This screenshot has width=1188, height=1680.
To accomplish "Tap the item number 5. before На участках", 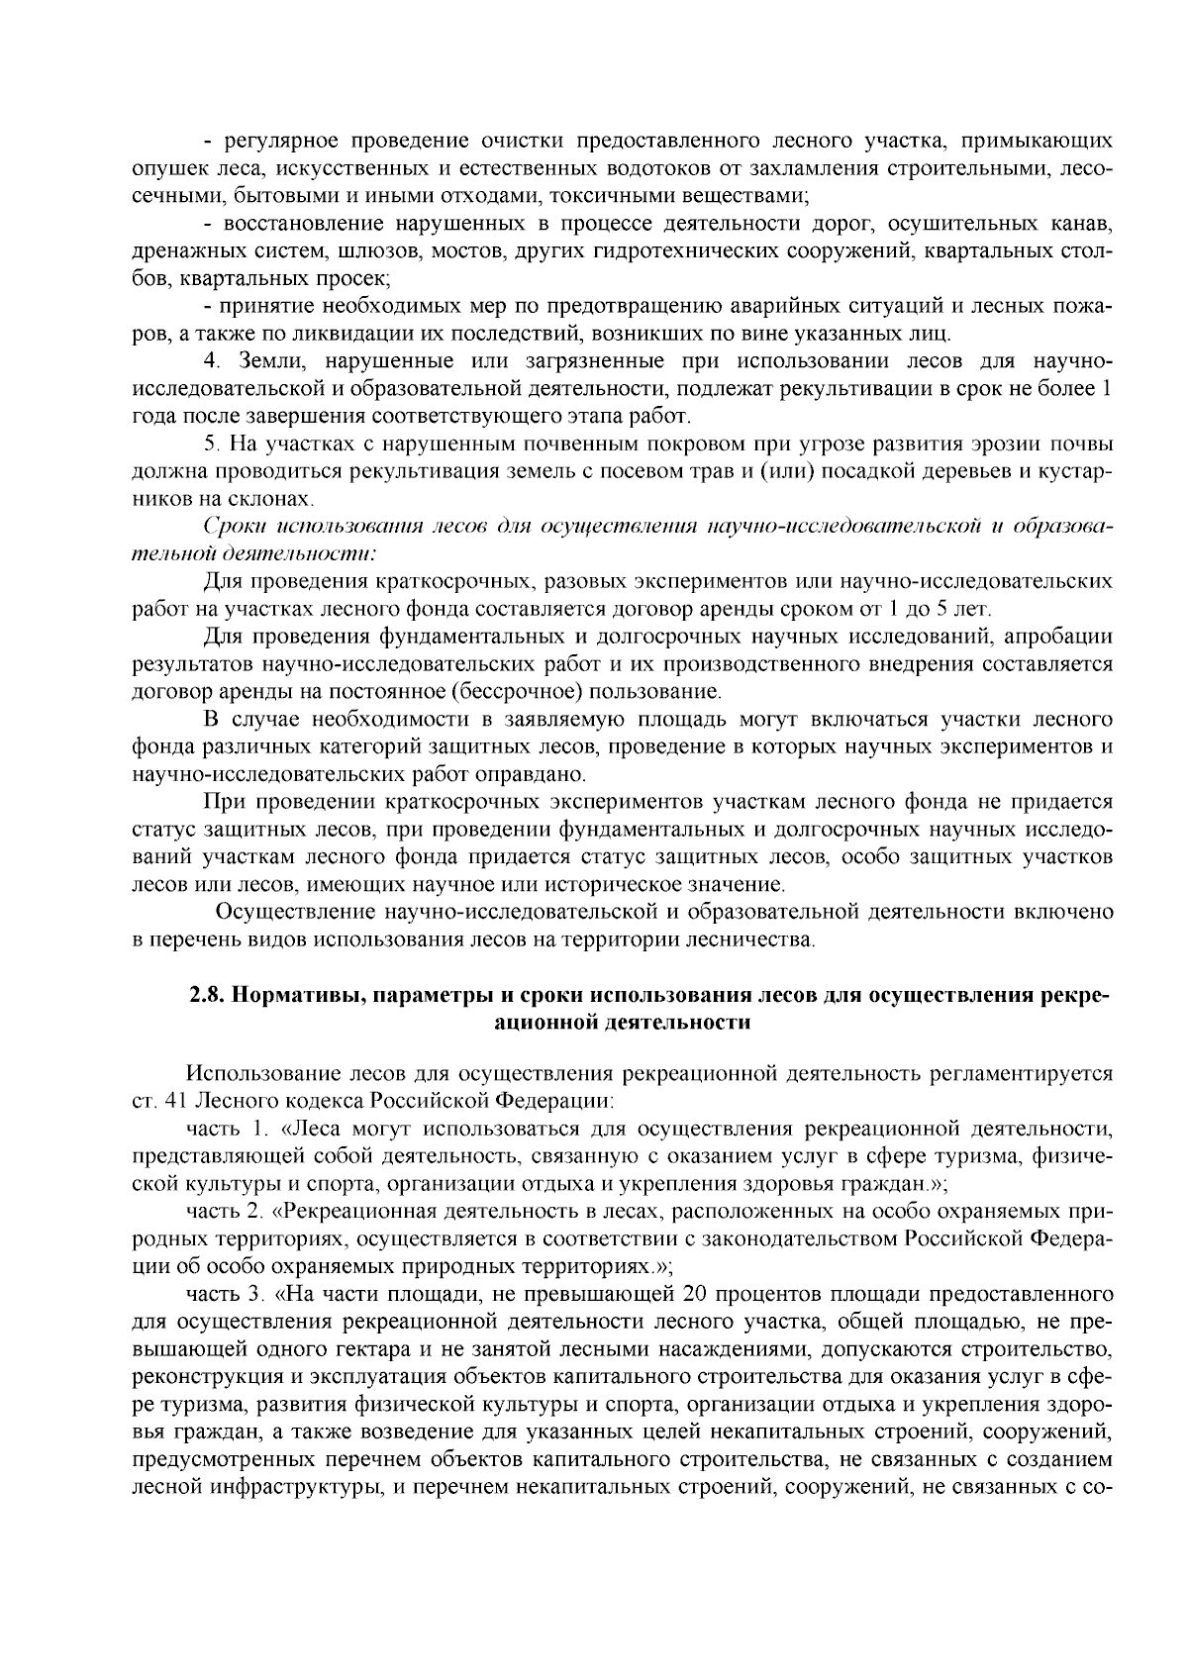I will pyautogui.click(x=210, y=442).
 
